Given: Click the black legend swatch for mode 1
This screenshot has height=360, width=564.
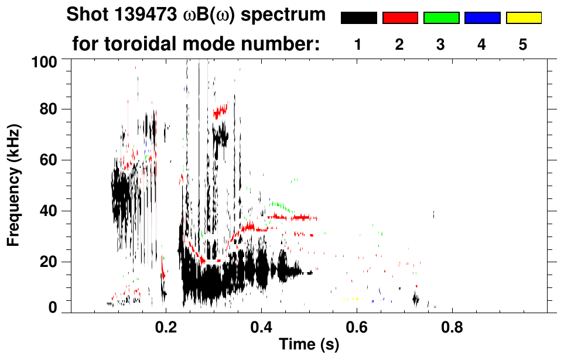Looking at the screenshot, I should (358, 18).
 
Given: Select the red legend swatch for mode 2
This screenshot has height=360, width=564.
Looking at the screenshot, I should (400, 18).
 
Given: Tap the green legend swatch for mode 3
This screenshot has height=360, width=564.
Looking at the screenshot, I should (441, 18).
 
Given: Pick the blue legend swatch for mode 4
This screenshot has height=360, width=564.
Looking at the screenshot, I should (482, 18).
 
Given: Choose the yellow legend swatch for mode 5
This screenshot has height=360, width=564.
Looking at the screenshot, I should (524, 18).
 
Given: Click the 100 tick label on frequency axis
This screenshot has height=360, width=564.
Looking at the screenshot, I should (44, 61).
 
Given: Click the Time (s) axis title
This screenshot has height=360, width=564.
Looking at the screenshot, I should (308, 345).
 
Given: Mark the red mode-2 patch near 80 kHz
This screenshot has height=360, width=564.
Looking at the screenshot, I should (221, 110).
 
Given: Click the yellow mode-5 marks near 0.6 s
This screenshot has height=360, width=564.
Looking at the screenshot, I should (350, 299).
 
